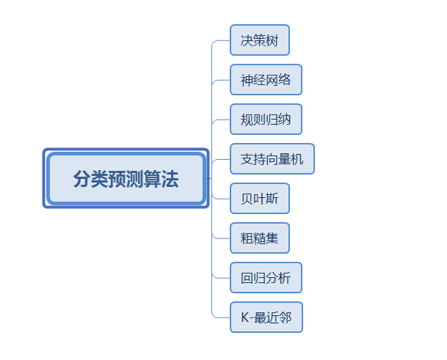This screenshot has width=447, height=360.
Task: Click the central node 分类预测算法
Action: pos(126,179)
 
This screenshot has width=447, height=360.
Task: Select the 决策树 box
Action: pos(260,40)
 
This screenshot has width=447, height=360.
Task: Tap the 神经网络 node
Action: pos(266,80)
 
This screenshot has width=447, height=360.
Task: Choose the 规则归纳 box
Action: pos(266,120)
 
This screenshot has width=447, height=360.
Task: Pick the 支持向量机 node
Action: pos(272,159)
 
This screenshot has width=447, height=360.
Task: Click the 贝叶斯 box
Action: pos(260,199)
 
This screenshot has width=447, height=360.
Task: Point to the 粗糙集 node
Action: pos(260,238)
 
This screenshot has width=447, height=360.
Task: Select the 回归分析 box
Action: pos(266,278)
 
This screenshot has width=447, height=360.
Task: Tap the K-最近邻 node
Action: pos(266,317)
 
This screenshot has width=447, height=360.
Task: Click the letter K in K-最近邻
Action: pos(244,317)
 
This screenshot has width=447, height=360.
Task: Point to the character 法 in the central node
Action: pos(170,179)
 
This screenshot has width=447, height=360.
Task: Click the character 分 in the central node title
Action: pos(81,179)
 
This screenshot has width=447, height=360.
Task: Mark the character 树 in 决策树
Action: pos(273,40)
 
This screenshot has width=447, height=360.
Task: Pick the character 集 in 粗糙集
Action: pos(273,238)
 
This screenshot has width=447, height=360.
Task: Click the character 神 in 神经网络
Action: pos(246,80)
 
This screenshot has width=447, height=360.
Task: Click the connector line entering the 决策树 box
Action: pos(222,40)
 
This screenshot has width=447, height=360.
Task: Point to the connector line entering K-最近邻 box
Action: pos(222,317)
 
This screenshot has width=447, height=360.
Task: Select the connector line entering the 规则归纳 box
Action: pos(222,120)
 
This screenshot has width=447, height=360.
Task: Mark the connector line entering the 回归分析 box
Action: pos(222,278)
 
